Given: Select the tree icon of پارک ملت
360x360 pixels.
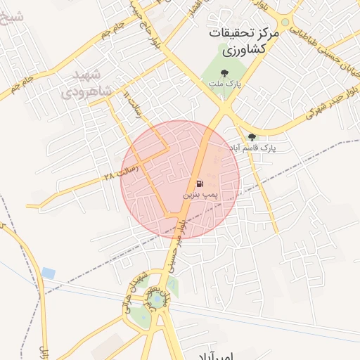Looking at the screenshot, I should point(224,72).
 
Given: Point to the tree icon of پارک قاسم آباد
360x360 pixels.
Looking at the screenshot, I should point(252,137).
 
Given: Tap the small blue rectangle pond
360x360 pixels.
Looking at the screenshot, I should point(48,272).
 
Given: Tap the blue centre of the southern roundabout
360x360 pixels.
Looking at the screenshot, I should point(156,302).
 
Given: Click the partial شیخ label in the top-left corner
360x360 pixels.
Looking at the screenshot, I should point(14,15).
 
